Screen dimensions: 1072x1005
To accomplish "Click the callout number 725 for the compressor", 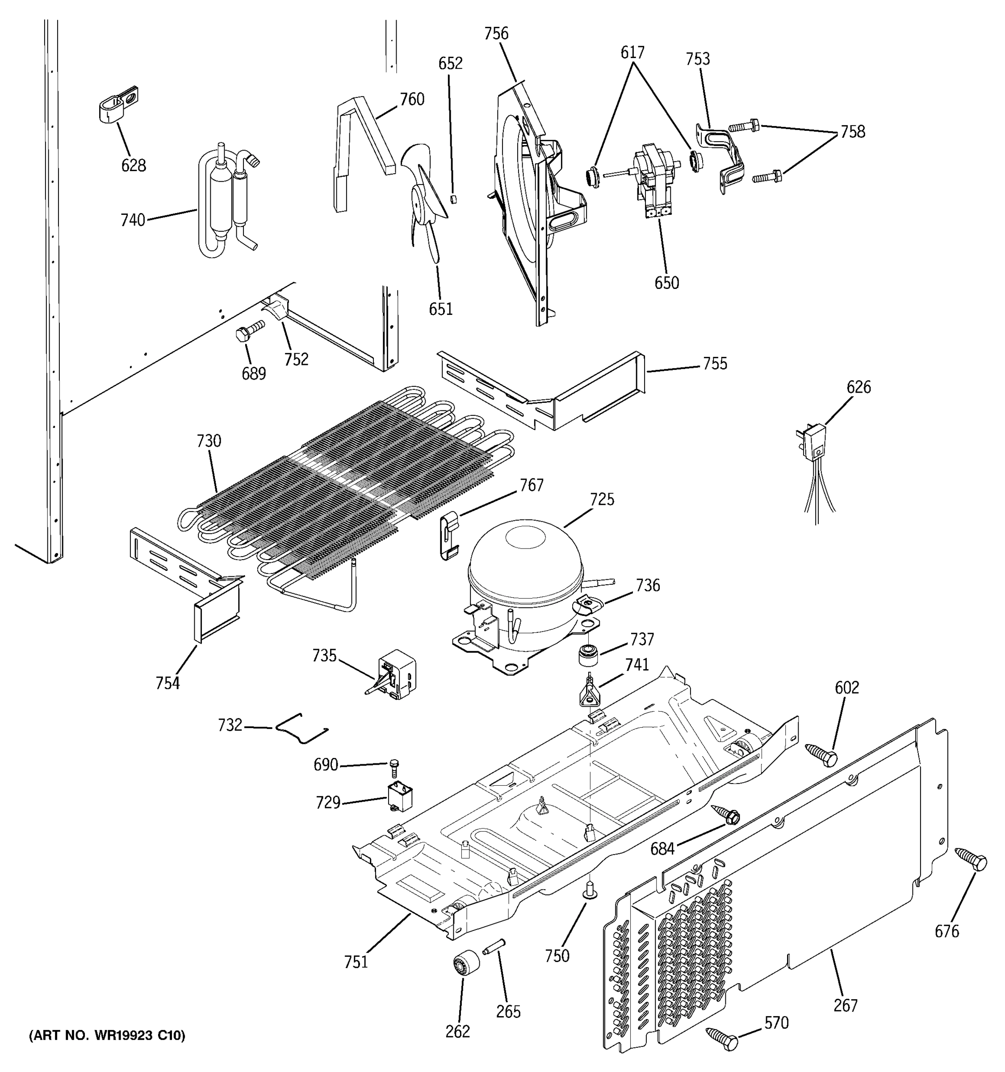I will (602, 499).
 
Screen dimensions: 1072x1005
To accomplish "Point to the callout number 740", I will (133, 220).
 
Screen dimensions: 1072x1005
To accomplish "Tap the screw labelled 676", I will (971, 858).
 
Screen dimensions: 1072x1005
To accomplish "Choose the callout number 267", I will (845, 1005).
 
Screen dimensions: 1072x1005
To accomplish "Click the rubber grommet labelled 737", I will (588, 656).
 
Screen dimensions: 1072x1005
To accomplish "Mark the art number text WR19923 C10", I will (107, 1035).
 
